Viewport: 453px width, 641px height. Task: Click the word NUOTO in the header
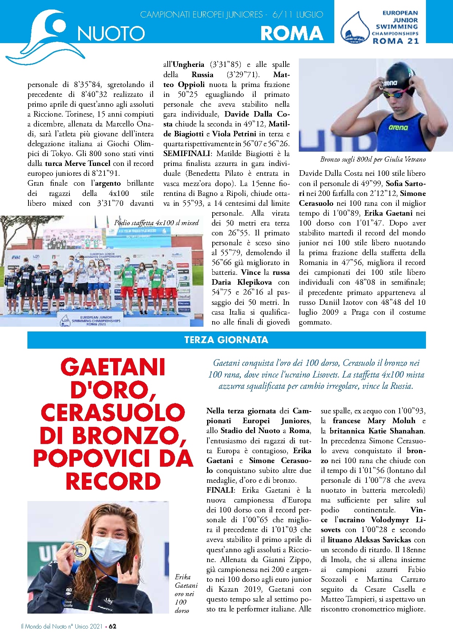(111, 34)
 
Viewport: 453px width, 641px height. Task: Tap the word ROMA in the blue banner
(292, 34)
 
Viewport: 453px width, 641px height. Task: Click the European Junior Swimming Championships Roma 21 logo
(380, 27)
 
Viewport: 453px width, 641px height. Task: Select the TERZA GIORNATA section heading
(226, 340)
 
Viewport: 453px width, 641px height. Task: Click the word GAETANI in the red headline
(113, 367)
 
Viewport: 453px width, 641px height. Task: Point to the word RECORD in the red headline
(113, 481)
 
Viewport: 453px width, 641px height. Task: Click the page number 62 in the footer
(113, 626)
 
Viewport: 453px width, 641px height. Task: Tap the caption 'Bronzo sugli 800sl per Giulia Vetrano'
(373, 159)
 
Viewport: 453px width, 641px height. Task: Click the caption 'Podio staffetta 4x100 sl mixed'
(156, 223)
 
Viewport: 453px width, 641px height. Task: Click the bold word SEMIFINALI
(187, 153)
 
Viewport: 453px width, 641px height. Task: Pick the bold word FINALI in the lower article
(220, 490)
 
